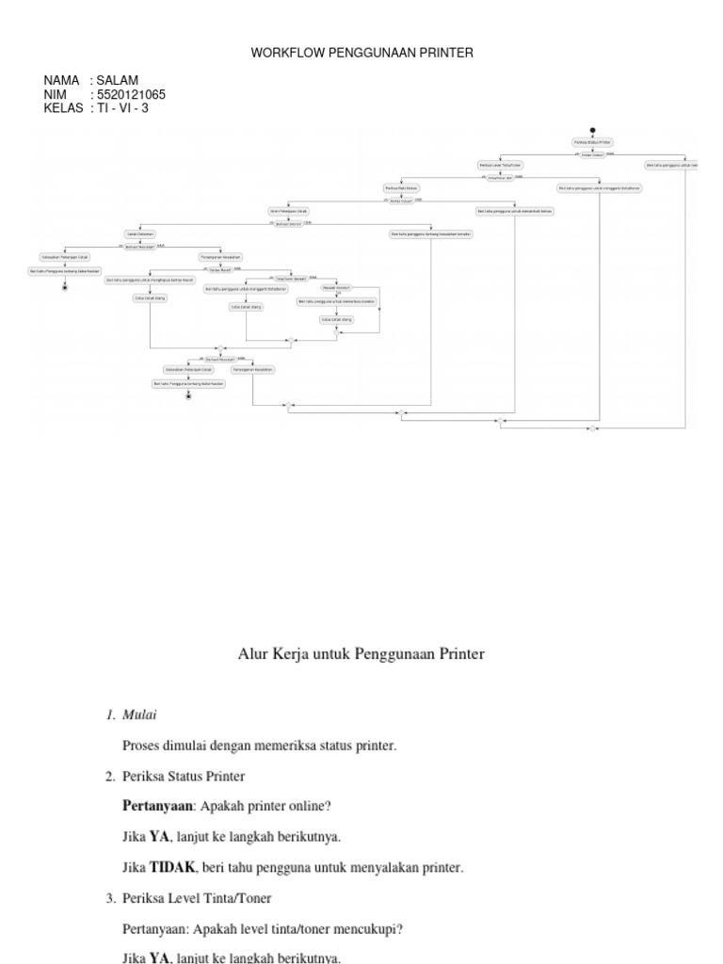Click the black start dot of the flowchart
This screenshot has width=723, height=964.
592,129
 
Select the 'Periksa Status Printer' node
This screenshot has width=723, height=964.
593,142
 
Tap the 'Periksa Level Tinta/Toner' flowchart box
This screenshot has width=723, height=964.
499,165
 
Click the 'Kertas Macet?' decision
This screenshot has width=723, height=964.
220,268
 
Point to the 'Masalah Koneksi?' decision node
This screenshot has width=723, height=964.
336,287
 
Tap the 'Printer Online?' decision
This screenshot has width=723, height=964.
592,154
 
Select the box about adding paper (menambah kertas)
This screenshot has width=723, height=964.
515,211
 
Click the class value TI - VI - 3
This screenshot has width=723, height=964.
122,107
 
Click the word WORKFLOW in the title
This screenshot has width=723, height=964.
287,54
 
